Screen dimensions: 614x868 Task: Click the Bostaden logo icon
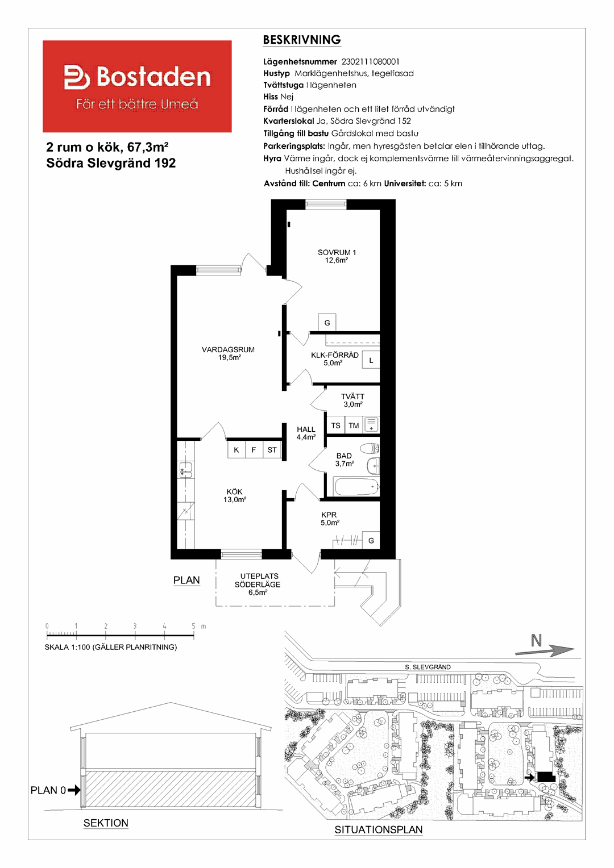[x=77, y=77]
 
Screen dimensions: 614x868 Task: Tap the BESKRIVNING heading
[x=302, y=40]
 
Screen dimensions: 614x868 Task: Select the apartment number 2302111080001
[x=371, y=61]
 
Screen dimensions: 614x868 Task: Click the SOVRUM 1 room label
[x=337, y=252]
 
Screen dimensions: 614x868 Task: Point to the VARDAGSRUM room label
[x=228, y=349]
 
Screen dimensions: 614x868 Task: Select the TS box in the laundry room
[x=335, y=425]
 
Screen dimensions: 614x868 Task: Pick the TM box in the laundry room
[x=354, y=425]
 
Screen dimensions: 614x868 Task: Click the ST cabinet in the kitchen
[x=272, y=450]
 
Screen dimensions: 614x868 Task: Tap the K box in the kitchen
[x=236, y=450]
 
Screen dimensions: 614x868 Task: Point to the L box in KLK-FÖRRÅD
[x=371, y=360]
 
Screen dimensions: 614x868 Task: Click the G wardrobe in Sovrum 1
[x=327, y=323]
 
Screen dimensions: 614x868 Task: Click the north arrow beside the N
[x=544, y=651]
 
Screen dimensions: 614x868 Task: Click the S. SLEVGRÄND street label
[x=428, y=667]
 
